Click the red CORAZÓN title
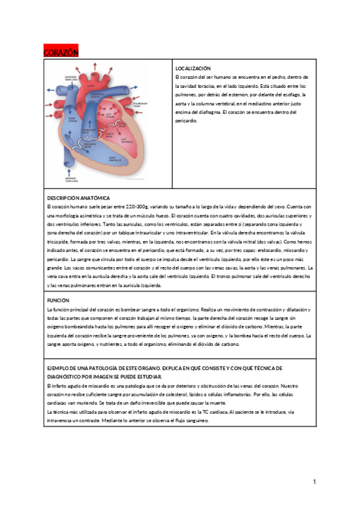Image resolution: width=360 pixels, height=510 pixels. (x=61, y=53)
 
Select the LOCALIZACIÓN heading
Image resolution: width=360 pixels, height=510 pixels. (x=192, y=69)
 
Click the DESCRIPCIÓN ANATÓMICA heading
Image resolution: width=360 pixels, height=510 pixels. (x=78, y=198)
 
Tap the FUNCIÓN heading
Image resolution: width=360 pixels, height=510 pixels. (x=58, y=300)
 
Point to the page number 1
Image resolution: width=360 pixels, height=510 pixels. (x=314, y=482)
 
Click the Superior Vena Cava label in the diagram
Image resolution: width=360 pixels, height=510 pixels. (x=71, y=79)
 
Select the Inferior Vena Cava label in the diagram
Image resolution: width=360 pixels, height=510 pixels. (x=71, y=179)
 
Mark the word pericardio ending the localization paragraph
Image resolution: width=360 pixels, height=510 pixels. (x=186, y=121)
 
